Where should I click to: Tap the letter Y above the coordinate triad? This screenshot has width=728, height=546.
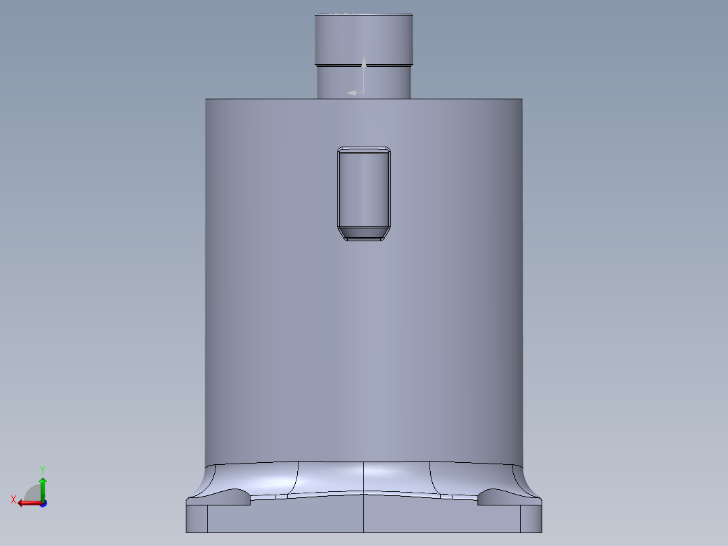42,468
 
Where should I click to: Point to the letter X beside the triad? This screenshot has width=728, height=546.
14,499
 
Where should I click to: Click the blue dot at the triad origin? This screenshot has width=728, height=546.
43,503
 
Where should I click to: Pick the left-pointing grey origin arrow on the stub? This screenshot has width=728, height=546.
352,93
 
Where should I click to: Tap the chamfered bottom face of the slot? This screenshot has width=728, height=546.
364,233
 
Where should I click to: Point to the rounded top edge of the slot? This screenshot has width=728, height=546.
364,149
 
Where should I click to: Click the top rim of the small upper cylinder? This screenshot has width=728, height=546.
364,14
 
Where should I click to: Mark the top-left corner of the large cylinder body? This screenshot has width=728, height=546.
206,99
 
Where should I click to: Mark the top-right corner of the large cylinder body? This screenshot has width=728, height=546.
522,99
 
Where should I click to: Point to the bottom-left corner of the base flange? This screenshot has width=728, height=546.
187,531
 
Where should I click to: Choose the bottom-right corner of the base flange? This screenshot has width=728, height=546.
541,531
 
